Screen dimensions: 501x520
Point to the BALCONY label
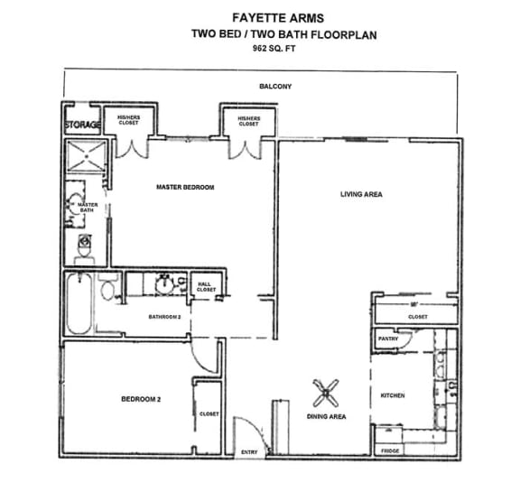click(261, 87)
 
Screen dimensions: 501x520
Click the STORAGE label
click(82, 124)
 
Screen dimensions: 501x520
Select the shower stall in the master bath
click(85, 155)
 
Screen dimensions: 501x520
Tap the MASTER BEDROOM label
click(185, 188)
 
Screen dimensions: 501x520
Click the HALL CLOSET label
click(207, 287)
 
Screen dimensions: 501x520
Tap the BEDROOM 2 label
click(140, 398)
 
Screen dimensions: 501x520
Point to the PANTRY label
click(388, 339)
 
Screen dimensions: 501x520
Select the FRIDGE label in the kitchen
click(390, 450)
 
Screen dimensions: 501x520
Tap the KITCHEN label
click(393, 395)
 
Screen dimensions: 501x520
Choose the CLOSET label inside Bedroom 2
click(209, 413)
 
